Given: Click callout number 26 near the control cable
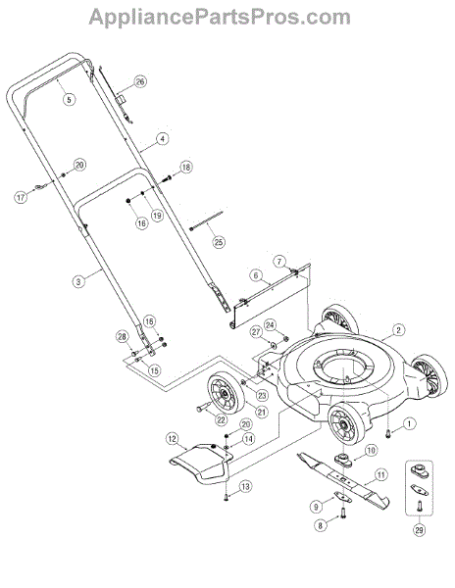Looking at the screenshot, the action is [140, 81].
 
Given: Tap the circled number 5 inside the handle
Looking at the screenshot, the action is [69, 99].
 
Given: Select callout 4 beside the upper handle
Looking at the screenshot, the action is [162, 139].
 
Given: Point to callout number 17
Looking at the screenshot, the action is [21, 197].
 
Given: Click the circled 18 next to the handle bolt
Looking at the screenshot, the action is [186, 167].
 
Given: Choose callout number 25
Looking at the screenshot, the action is [219, 242].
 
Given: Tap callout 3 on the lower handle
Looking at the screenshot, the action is [78, 281].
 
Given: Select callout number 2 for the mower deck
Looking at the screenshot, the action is [398, 330].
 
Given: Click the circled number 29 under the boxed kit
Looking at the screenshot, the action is [419, 530].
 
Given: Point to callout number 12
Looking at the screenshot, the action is [173, 438].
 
